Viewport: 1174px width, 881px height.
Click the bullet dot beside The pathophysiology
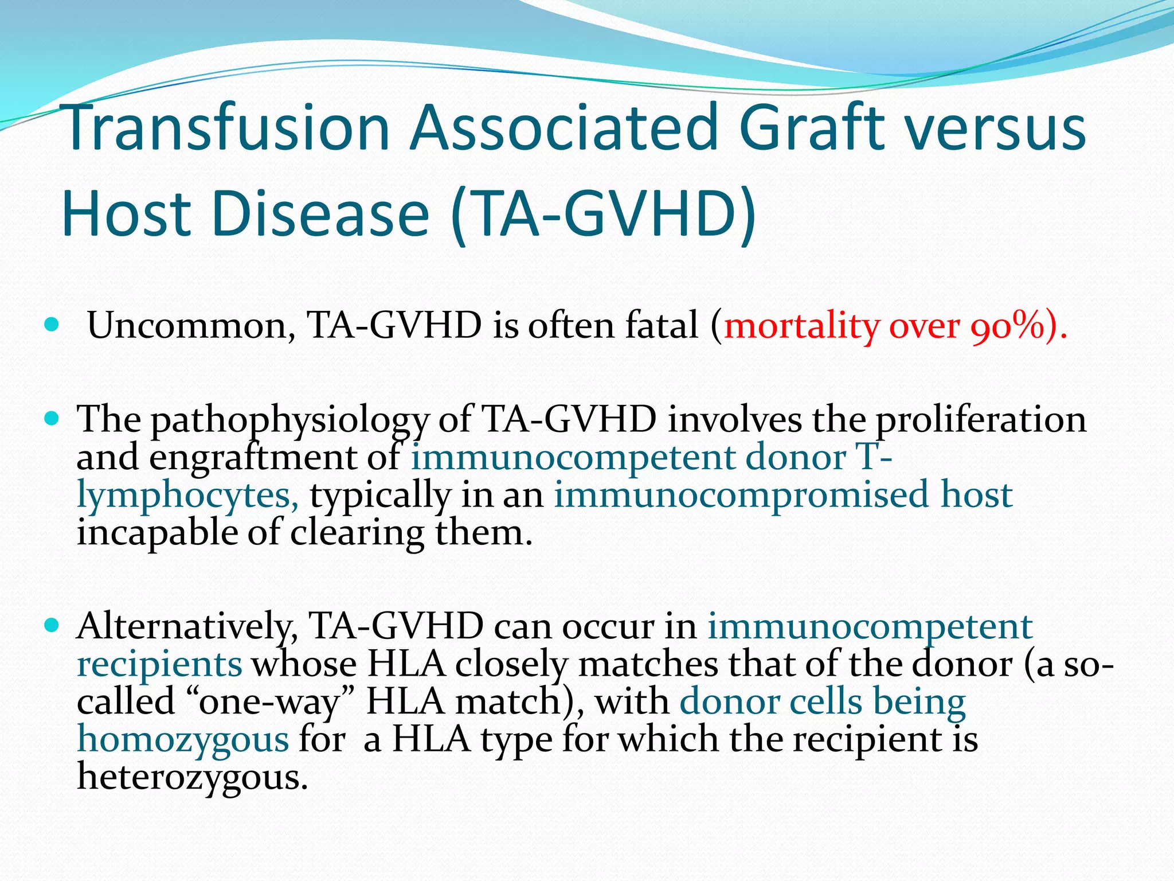52,419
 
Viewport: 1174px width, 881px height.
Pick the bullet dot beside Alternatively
52,625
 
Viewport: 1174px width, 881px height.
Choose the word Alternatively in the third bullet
187,626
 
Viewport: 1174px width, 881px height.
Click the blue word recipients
159,664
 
